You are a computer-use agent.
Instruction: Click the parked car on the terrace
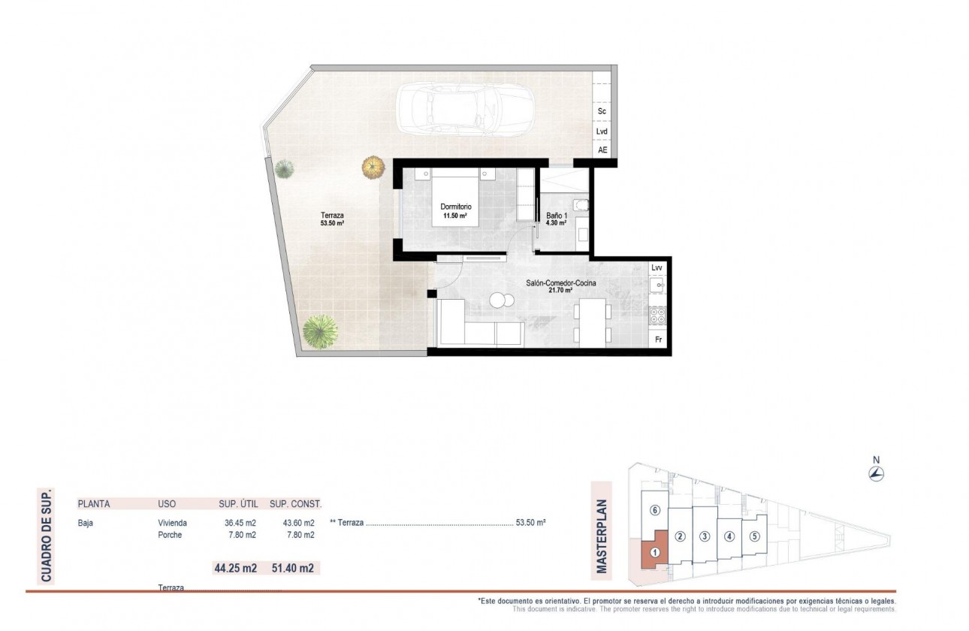click(464, 109)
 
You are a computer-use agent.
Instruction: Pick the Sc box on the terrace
click(602, 111)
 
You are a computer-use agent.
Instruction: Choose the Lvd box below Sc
click(602, 131)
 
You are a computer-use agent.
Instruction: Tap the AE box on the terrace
click(602, 150)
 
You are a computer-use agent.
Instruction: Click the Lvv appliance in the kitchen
click(657, 267)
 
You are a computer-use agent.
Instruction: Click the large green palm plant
click(321, 331)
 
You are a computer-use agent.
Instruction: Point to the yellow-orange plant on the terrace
click(373, 167)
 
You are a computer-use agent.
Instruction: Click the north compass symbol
click(876, 473)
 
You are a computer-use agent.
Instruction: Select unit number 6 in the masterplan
click(655, 511)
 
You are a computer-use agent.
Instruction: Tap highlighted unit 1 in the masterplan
click(654, 553)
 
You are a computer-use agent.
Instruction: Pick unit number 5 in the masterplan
click(755, 536)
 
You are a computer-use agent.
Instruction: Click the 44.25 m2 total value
click(236, 569)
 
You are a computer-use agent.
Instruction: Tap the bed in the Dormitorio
click(454, 203)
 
